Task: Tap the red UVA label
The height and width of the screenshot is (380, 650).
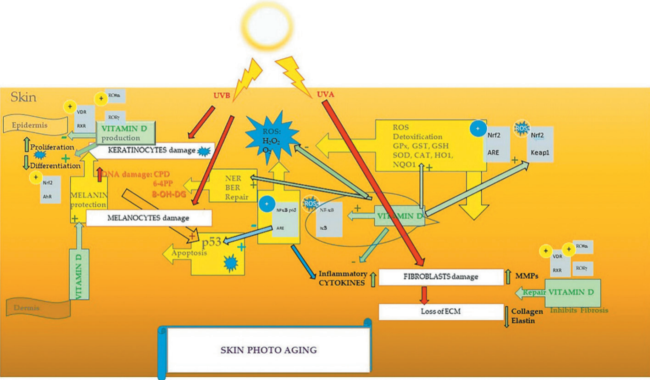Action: click(325, 95)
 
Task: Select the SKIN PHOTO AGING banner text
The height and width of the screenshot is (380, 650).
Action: click(268, 350)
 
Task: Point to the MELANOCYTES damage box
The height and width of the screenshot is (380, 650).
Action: click(149, 218)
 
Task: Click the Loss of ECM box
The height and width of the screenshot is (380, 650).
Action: click(440, 312)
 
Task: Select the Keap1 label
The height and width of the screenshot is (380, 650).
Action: click(539, 149)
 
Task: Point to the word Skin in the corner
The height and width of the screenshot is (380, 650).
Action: click(23, 97)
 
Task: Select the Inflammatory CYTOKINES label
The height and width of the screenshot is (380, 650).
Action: click(342, 278)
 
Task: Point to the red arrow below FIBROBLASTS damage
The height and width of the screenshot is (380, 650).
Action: click(424, 294)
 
